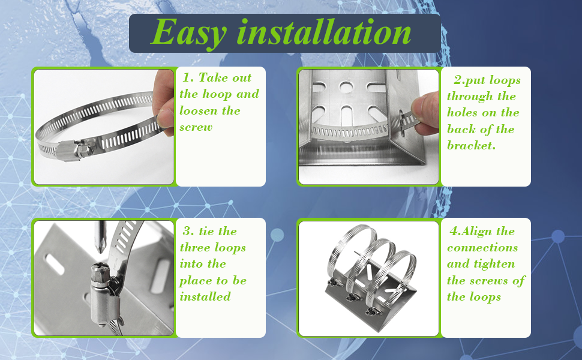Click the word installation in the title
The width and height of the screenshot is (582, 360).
[324, 32]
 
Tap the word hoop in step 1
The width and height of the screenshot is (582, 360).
[217, 95]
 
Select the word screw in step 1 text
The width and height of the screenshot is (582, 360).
[196, 127]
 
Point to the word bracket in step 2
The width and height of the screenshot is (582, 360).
[471, 145]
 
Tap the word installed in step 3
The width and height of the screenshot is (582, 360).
[205, 296]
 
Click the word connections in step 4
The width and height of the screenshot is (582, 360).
[482, 247]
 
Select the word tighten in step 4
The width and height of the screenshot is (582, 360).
[497, 264]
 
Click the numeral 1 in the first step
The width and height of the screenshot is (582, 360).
[187, 78]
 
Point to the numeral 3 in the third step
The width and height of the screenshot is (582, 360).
[187, 231]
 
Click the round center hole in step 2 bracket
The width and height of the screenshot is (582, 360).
[346, 87]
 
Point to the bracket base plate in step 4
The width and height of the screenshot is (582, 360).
[371, 304]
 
